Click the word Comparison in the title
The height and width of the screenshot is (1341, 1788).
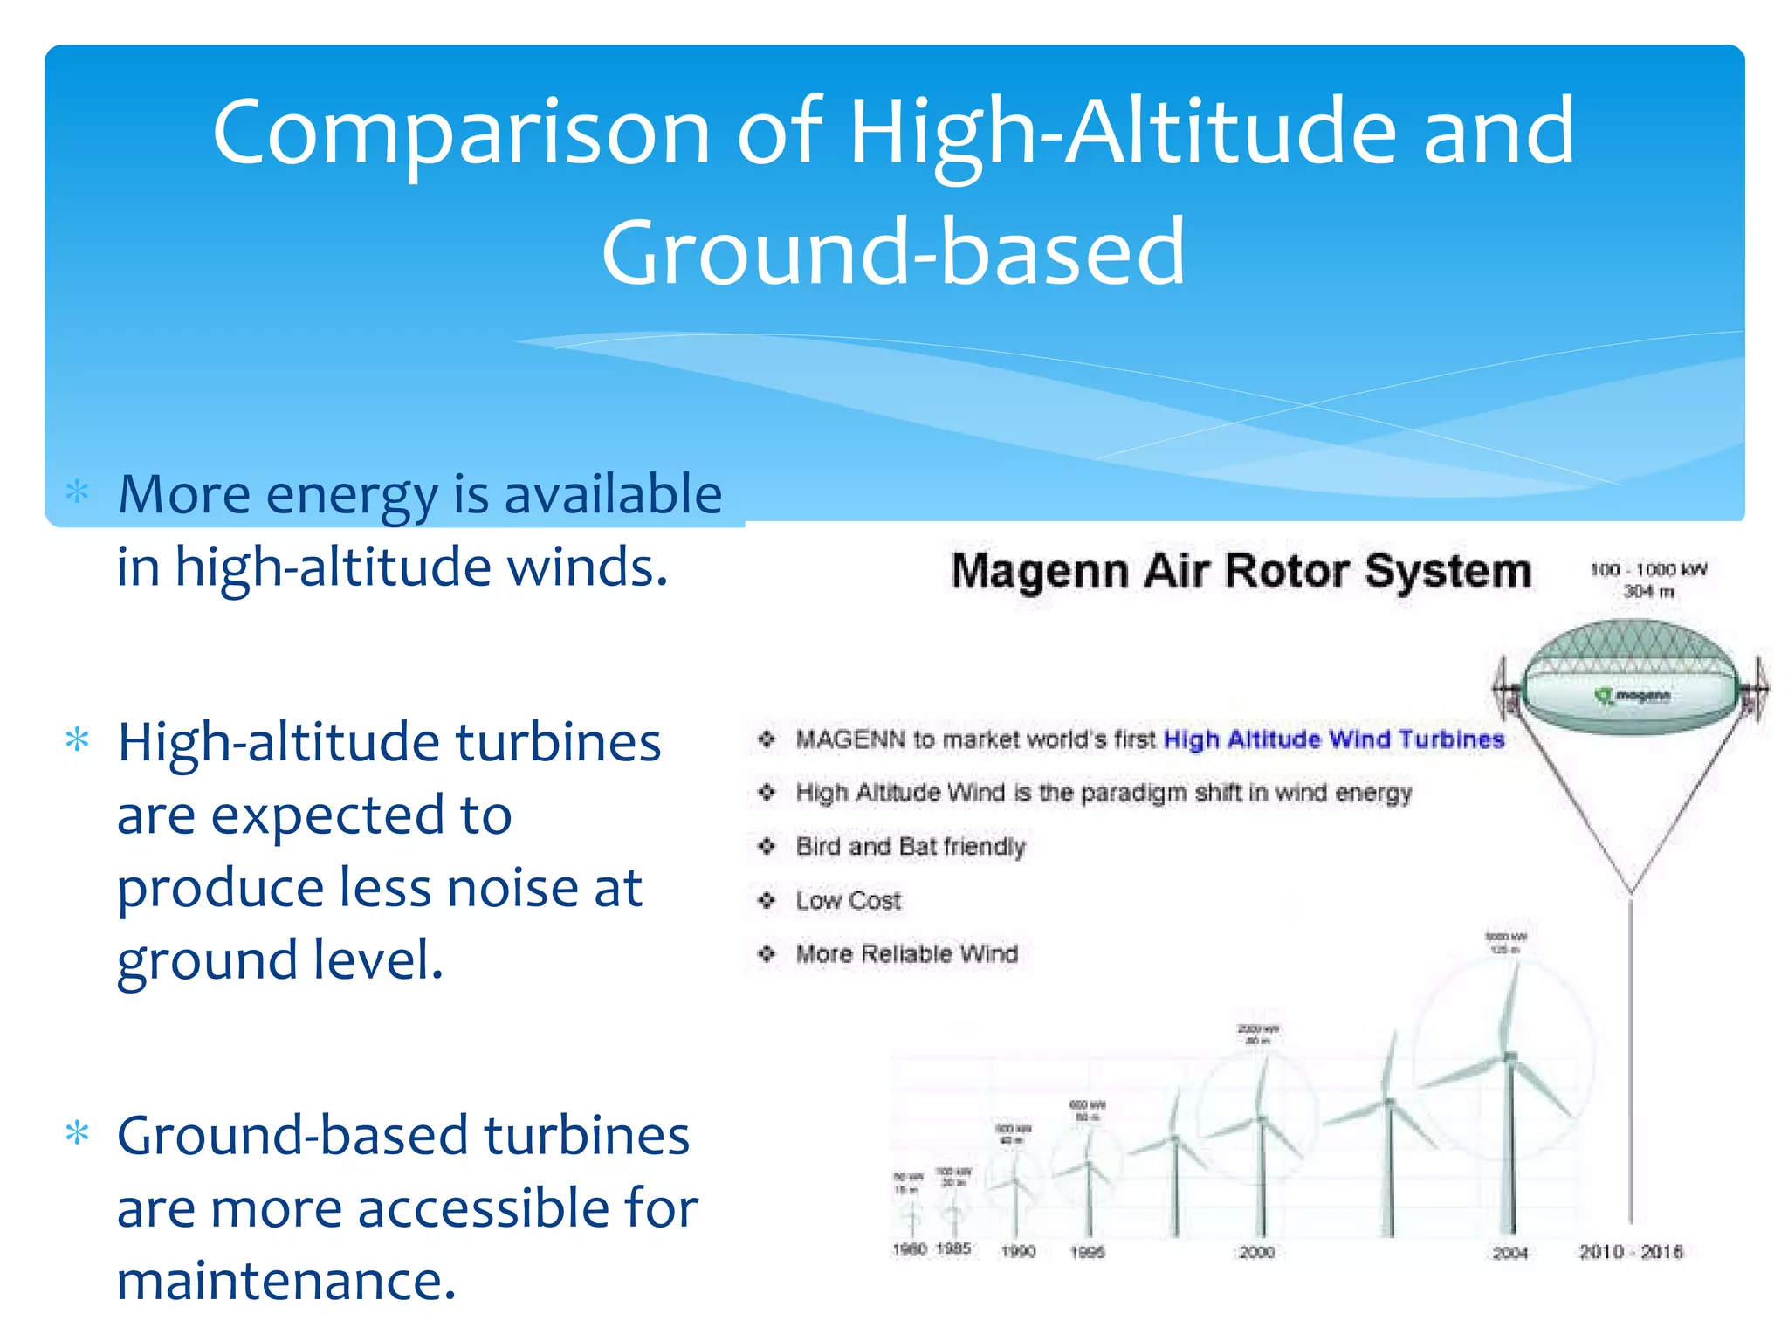461,134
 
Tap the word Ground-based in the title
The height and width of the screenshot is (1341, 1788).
892,253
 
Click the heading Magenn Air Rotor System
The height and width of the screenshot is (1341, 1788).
1241,572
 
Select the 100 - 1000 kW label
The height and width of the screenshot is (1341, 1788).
1647,570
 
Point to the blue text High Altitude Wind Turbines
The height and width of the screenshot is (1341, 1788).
1334,739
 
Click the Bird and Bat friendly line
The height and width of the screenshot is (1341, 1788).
910,847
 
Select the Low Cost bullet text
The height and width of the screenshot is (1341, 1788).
848,900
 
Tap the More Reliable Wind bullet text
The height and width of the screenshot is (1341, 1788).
906,953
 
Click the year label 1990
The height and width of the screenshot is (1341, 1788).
1017,1251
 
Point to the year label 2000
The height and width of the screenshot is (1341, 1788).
1256,1252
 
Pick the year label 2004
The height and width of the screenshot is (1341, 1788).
1509,1253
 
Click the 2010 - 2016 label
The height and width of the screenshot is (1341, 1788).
1630,1251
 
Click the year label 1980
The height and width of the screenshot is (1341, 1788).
909,1249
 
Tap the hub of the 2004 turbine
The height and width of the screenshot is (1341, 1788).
1509,1058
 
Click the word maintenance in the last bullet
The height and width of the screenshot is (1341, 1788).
286,1281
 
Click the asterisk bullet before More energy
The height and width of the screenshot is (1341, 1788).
78,492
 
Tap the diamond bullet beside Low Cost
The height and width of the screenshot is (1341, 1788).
767,900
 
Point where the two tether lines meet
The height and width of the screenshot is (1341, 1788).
1631,893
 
